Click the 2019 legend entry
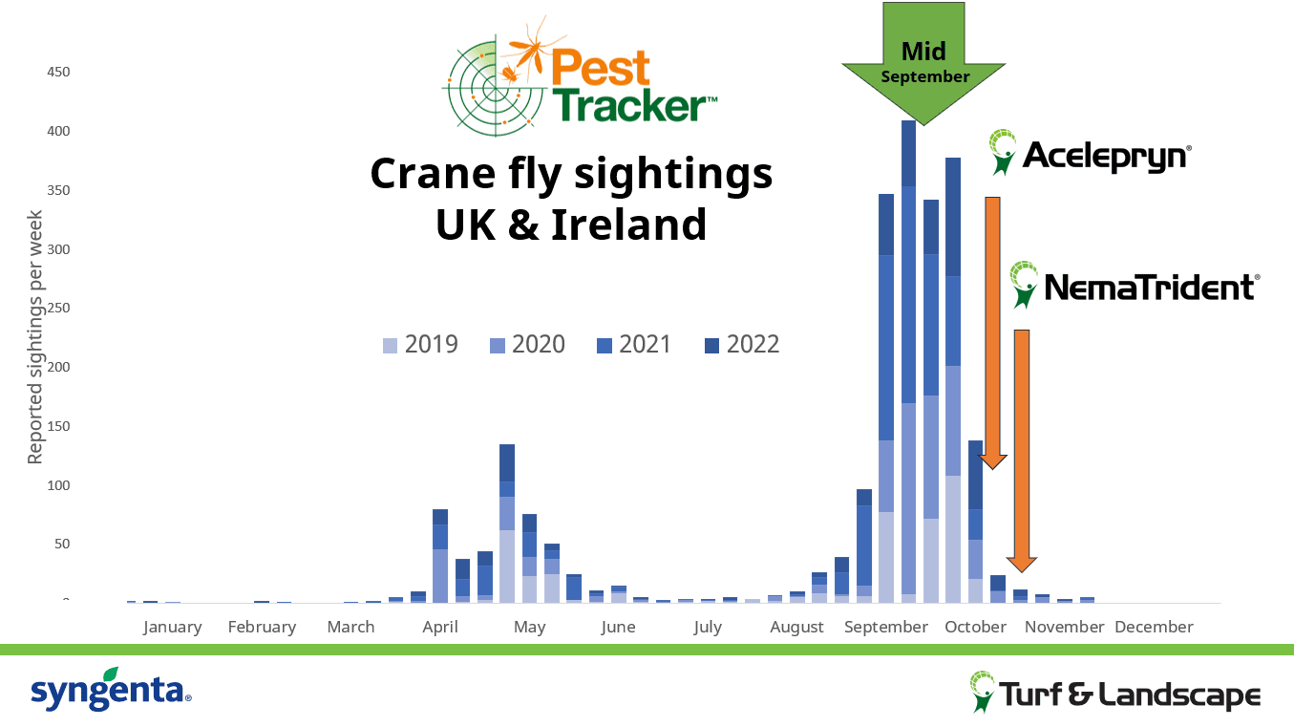pos(420,345)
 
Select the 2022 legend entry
pos(742,345)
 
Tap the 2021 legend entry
pos(634,345)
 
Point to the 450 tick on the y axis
pos(58,72)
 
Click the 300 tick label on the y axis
pos(58,249)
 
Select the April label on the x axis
pos(440,627)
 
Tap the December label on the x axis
pos(1154,627)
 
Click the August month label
pos(796,627)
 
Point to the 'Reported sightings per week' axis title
pos(34,337)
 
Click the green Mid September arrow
pos(923,64)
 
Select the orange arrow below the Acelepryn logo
pos(992,332)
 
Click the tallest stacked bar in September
pos(909,362)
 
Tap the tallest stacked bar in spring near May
pos(507,524)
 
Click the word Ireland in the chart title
pos(628,225)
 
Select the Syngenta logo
pos(112,690)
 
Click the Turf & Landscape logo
pos(1115,693)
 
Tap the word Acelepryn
pos(1106,156)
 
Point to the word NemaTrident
pos(1150,288)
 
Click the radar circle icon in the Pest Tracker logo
pos(496,89)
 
